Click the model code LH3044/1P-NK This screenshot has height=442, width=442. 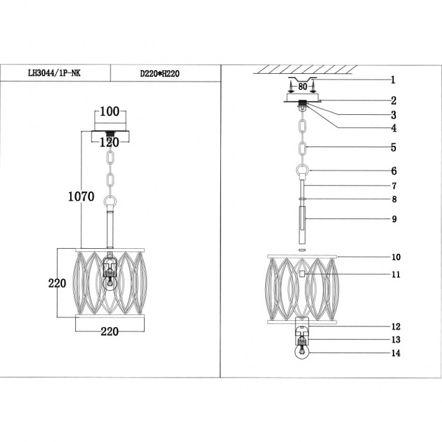coord(54,73)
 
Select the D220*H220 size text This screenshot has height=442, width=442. coord(160,74)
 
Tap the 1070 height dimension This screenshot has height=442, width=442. coord(81,196)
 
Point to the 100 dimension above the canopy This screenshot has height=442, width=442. coord(110,112)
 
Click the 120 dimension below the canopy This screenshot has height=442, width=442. coord(109,142)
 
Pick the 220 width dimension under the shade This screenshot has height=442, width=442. coord(110,331)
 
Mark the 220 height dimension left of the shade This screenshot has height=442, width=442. coord(57,283)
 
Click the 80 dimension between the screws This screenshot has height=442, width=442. coord(302,87)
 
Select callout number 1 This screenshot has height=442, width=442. coord(393,80)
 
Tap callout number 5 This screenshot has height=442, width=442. coord(393,147)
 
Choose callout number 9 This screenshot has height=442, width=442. coord(395,219)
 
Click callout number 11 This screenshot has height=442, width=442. coord(396,274)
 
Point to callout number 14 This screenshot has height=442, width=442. coord(396,353)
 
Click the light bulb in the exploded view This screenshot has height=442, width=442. coord(302,352)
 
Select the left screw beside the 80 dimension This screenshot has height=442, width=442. coord(292,86)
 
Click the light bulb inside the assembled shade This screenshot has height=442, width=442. coord(109,284)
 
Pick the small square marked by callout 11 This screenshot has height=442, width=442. coord(302,273)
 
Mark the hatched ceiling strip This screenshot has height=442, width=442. coord(305,69)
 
